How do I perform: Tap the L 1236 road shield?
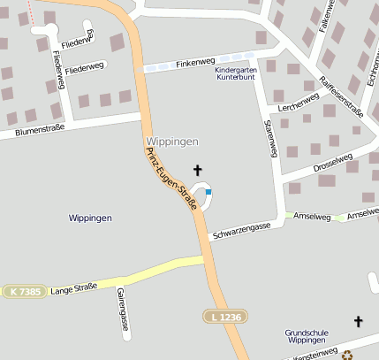coord(224,316)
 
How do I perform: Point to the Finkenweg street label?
coord(195,63)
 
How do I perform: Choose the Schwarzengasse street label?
coord(242,230)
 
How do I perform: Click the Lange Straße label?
coord(74,289)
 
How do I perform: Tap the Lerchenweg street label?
coord(298,104)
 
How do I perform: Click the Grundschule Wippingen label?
coord(307,337)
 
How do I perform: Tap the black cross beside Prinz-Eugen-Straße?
coord(197,168)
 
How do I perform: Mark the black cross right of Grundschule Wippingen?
coord(358,322)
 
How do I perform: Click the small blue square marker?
coord(208,191)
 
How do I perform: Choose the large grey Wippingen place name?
coord(171,142)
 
